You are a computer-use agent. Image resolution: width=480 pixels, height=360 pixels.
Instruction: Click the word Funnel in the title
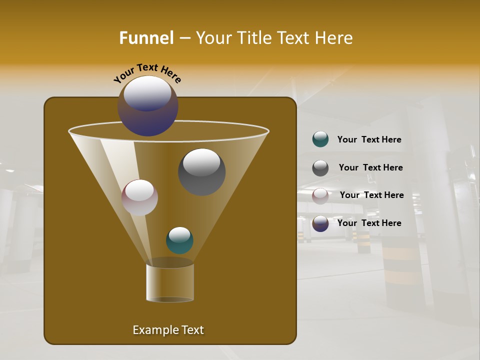coord(146,38)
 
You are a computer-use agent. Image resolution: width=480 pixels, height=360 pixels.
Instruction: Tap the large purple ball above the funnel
coord(148,106)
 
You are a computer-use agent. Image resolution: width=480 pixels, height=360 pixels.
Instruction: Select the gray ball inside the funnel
coord(202,172)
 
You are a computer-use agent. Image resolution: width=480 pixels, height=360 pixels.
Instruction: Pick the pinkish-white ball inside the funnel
coord(139,198)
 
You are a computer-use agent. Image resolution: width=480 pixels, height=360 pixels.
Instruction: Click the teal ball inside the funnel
coord(179,240)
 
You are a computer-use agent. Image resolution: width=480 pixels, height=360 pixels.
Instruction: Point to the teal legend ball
coord(320,139)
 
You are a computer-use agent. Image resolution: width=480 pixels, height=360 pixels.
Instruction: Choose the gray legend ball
coord(320,168)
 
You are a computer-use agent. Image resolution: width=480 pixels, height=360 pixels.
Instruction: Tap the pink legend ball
coord(320,195)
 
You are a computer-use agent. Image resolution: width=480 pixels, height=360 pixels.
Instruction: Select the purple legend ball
coord(320,223)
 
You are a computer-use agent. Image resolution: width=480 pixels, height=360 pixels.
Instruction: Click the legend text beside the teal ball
coord(369,140)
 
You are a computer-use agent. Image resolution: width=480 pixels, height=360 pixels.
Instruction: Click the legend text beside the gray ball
coord(370,167)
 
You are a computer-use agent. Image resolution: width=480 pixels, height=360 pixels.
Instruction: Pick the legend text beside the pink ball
coord(371,195)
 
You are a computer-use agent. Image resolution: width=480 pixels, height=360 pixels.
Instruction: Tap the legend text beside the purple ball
coord(369,223)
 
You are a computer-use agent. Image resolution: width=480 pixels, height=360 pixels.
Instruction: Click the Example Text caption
coord(168,330)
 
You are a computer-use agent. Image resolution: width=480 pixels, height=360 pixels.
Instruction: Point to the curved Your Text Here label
coord(147,71)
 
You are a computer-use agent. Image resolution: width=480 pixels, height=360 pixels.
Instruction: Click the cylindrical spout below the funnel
coord(170,282)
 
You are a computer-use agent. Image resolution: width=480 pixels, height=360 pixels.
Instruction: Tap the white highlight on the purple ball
coord(147,93)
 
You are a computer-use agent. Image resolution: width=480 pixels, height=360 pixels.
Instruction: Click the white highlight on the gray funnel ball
coord(202,162)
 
